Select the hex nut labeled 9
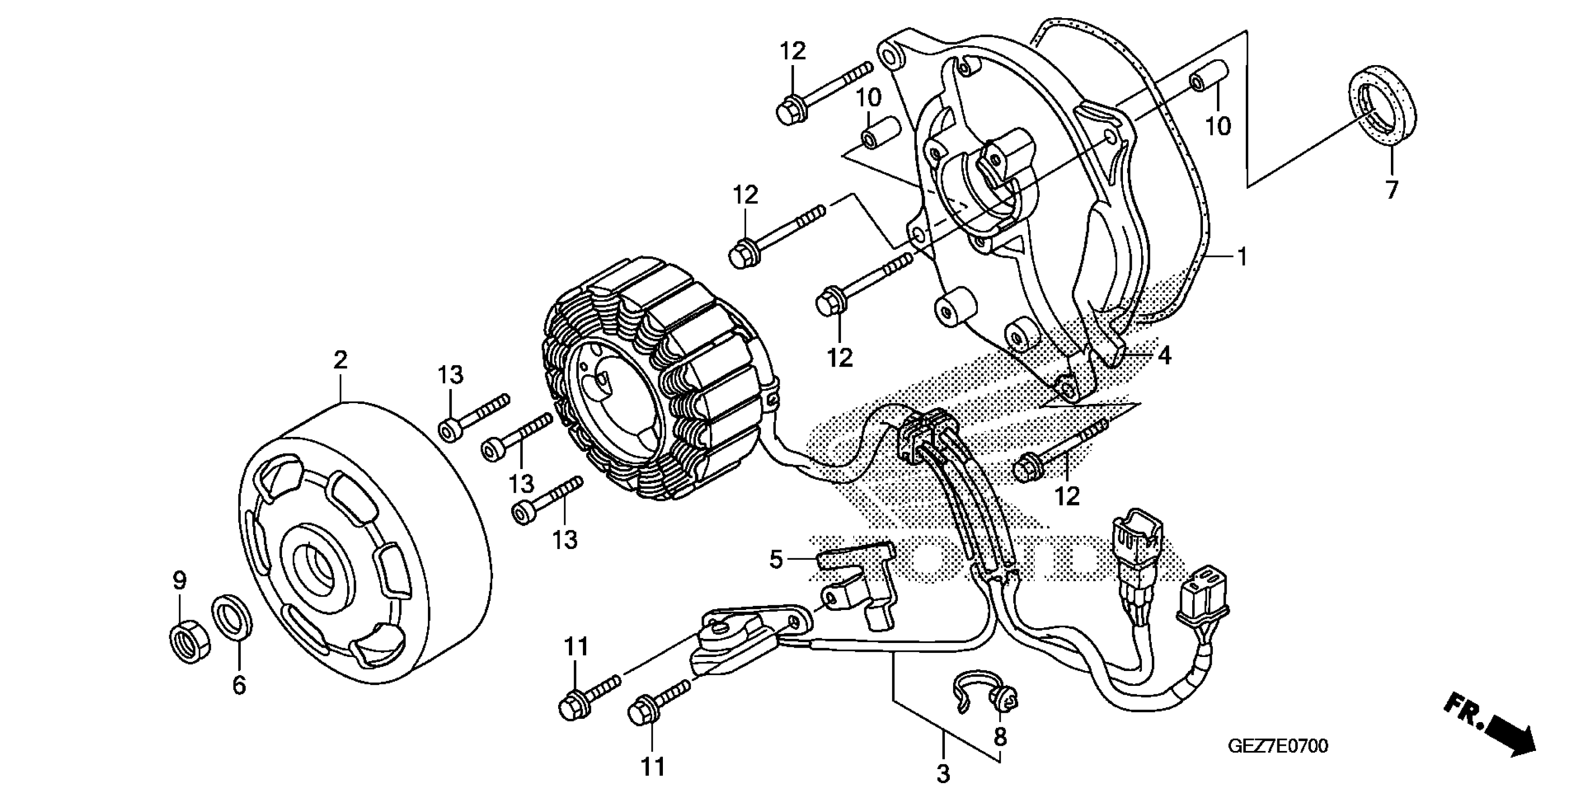190,644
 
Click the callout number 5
776,559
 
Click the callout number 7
1392,189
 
